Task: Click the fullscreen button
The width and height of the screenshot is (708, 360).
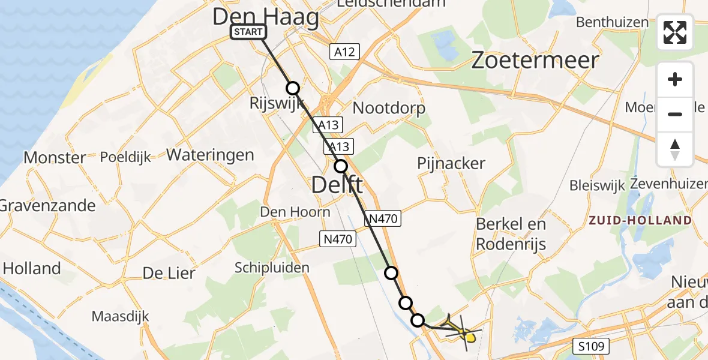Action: pos(675,32)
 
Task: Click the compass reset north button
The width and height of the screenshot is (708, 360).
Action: pos(675,149)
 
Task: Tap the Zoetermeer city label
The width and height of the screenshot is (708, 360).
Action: pos(535,61)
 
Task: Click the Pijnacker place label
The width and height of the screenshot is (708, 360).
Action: pos(451,163)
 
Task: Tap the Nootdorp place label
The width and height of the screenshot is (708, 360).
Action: pos(389,108)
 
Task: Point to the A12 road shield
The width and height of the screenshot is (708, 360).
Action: pos(344,52)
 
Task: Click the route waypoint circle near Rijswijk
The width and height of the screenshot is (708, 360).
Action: pos(293,88)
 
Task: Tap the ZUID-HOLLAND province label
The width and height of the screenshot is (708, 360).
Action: pos(640,220)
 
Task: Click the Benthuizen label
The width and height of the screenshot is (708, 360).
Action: pos(612,22)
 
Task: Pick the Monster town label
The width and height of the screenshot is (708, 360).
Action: pos(55,158)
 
